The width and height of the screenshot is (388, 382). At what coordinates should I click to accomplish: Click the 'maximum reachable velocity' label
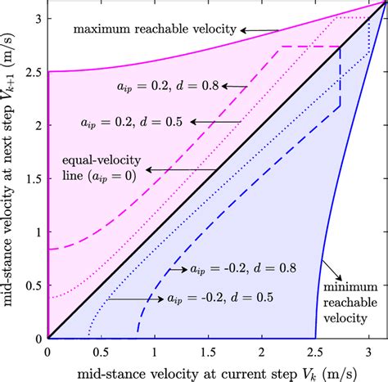coord(155,30)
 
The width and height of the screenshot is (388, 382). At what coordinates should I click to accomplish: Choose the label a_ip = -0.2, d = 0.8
coord(236,267)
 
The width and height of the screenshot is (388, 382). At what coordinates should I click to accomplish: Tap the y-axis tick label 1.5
coord(33,178)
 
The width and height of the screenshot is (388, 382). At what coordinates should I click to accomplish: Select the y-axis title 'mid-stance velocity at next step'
coord(11,176)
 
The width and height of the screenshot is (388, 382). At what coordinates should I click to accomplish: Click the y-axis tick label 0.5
coord(33,285)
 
